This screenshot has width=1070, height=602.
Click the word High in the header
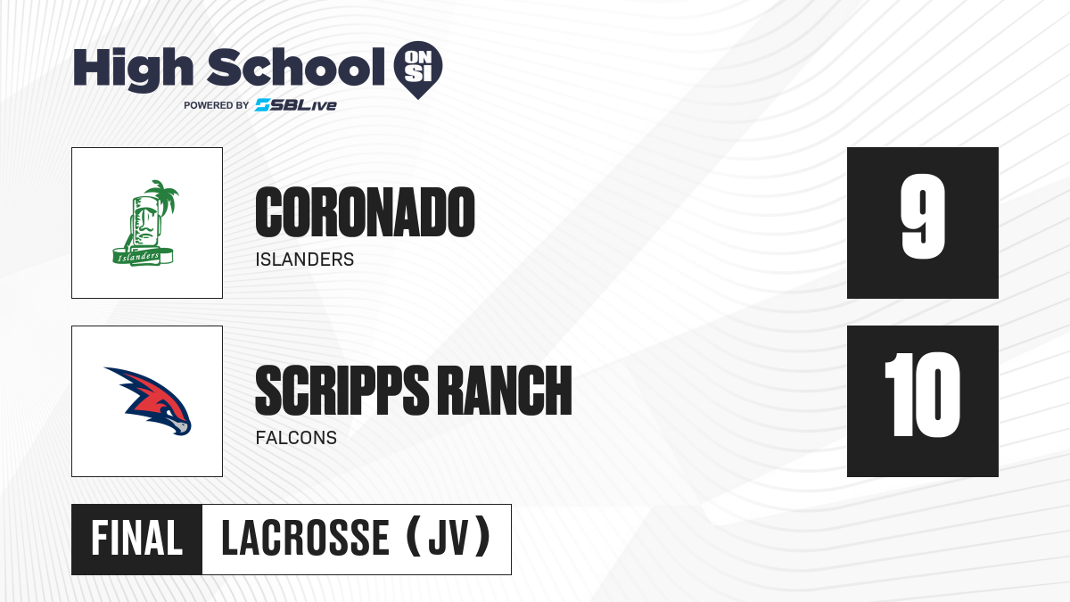134,70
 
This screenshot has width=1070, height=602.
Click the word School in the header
296,67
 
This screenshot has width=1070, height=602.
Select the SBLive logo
296,104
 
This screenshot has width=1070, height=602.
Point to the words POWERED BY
217,105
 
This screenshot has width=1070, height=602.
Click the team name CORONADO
365,212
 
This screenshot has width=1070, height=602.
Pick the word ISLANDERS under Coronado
305,260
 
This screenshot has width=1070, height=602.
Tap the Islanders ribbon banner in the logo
143,257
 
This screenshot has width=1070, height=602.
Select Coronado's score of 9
923,217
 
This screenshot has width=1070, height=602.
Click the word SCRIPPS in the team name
342,391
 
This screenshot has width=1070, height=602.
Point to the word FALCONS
296,438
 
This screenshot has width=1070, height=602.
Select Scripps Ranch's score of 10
922,395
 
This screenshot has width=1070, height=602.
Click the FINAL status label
136,539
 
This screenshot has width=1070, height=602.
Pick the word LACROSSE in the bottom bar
306,539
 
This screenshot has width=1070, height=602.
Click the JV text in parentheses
448,539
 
